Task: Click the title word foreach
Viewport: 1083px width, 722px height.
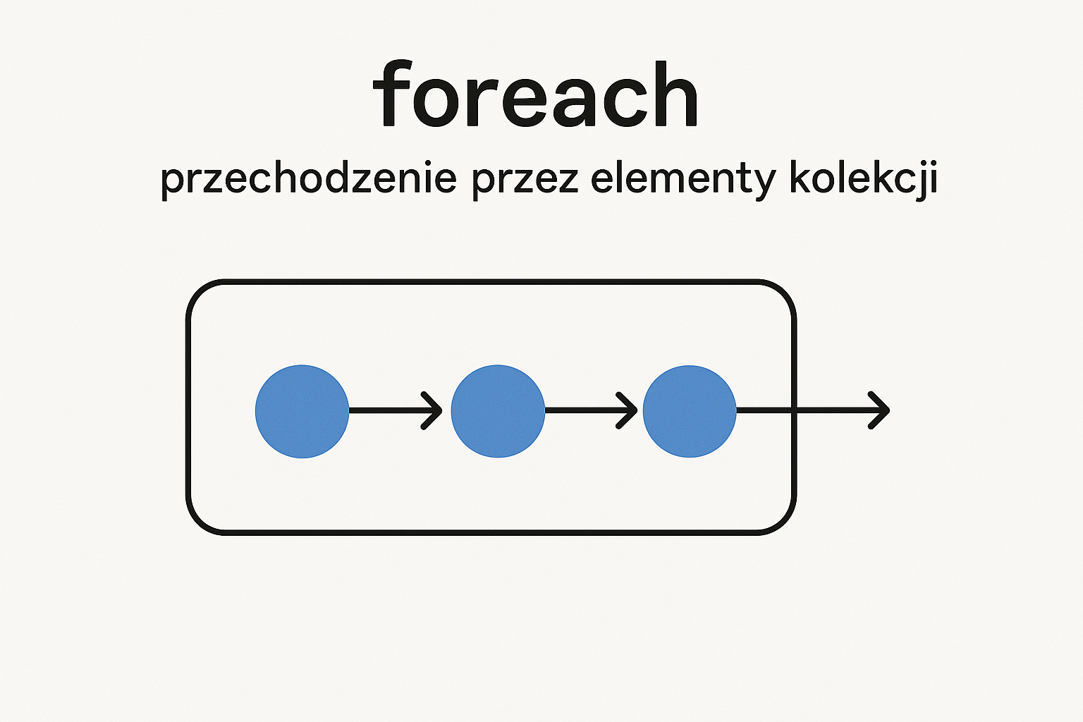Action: click(x=535, y=93)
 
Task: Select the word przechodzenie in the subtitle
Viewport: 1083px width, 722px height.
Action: click(x=308, y=179)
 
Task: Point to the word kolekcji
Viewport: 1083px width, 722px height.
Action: click(x=864, y=180)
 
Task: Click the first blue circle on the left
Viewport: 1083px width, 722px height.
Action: click(x=302, y=411)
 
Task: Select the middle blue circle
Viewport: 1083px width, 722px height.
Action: click(x=498, y=411)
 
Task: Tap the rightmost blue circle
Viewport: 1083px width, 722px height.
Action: click(x=690, y=411)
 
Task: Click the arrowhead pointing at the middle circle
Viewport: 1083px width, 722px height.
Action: click(x=433, y=410)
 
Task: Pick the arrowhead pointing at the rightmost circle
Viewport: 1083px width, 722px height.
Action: click(x=627, y=410)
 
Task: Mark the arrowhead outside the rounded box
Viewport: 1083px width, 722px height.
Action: click(x=879, y=410)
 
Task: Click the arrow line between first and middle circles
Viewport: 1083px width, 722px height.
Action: click(x=396, y=410)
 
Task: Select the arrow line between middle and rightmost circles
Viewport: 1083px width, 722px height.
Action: click(x=591, y=410)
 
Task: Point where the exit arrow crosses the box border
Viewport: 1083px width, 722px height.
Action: click(x=794, y=410)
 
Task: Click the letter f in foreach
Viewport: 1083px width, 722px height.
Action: click(x=393, y=93)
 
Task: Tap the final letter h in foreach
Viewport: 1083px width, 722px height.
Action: click(x=675, y=93)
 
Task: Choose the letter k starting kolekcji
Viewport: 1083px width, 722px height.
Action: click(x=802, y=177)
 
